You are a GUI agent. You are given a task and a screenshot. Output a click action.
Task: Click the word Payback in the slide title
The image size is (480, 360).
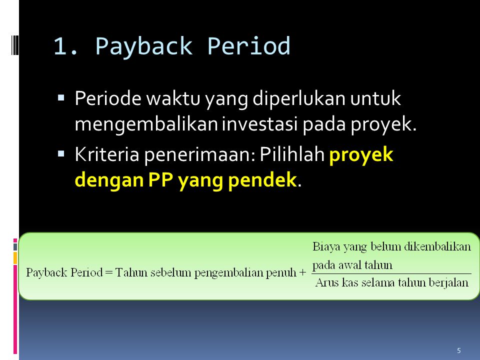144,46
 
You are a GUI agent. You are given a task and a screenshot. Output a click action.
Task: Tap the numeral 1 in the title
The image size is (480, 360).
60,46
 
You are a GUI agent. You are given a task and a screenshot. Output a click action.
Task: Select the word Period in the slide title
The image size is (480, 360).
248,46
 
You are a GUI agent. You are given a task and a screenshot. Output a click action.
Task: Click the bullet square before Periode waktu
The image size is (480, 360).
61,98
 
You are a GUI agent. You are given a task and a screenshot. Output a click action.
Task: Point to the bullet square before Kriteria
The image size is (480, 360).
61,153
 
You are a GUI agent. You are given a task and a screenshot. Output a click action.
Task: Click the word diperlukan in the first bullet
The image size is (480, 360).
299,99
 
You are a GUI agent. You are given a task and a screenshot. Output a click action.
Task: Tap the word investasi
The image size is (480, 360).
260,123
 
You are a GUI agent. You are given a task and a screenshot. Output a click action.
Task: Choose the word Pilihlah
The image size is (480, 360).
292,154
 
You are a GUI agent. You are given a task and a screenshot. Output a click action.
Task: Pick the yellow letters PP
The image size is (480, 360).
160,179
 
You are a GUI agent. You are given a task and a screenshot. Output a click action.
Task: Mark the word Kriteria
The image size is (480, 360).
107,154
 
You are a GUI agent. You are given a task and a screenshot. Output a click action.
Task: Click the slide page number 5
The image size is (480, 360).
459,350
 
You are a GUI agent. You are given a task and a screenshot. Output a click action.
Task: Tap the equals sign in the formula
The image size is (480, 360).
108,272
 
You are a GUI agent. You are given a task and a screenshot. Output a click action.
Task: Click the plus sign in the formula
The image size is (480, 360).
303,272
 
